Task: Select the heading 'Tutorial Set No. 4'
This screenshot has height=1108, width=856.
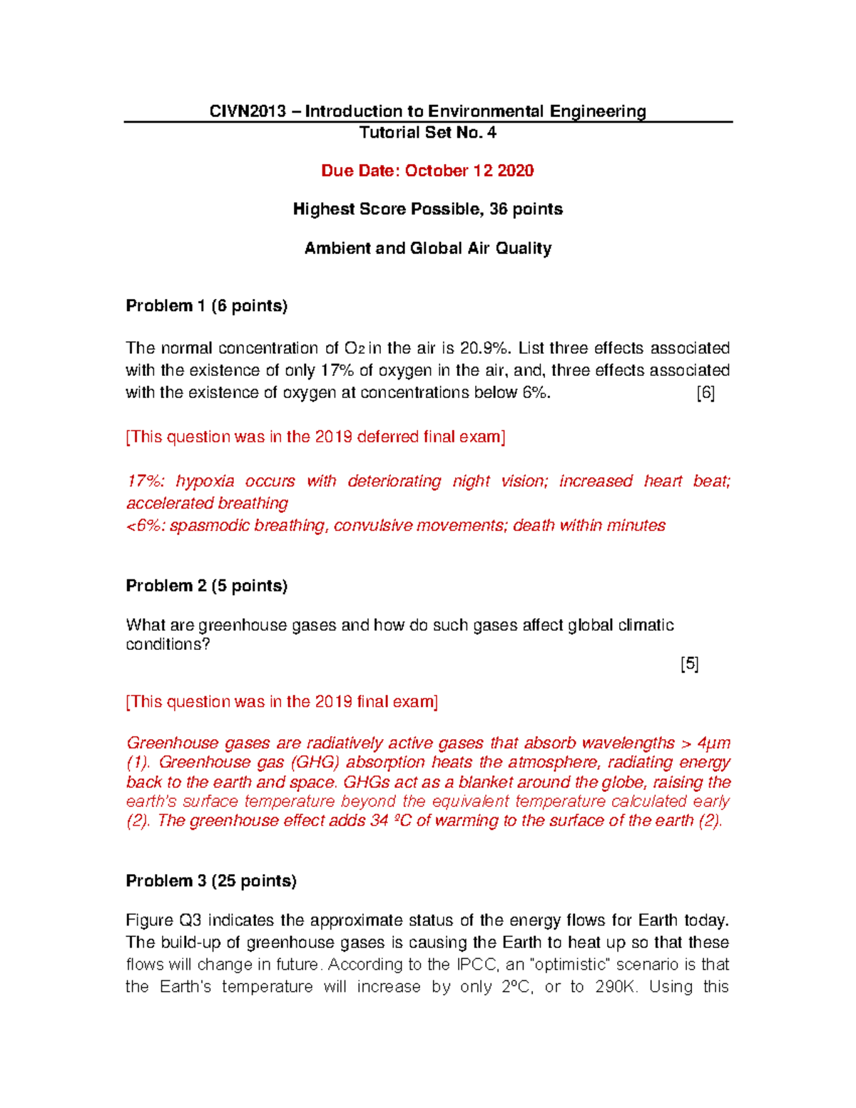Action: click(427, 133)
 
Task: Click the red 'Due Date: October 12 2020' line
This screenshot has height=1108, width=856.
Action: click(427, 171)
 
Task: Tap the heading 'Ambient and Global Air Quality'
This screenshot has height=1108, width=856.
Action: click(427, 248)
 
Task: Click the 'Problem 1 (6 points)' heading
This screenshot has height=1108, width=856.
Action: click(206, 306)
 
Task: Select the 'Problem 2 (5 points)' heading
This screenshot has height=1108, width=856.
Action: click(206, 586)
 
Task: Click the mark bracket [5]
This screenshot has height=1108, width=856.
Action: click(689, 664)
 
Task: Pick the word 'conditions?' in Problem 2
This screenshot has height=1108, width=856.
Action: click(168, 644)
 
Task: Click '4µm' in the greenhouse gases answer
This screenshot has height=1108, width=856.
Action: click(713, 743)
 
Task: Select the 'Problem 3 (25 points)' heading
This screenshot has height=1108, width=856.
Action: click(210, 881)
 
